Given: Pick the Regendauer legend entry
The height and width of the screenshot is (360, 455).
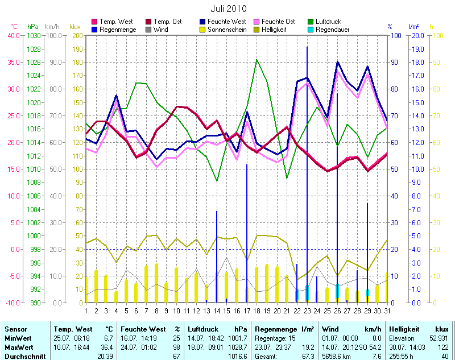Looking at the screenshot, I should pos(332,29).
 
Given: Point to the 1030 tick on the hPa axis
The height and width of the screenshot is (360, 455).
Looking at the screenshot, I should pos(34,35).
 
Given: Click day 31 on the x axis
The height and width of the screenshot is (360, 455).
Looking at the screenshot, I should pos(387,310).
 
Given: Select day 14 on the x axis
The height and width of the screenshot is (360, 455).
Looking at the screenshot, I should pos(216,310).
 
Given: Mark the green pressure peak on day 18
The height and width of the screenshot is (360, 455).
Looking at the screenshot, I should pos(257,60).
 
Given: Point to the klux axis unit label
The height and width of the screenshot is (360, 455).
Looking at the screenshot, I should pos(75,27).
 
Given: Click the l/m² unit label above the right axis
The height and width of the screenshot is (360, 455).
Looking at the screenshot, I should pos(413,27).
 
